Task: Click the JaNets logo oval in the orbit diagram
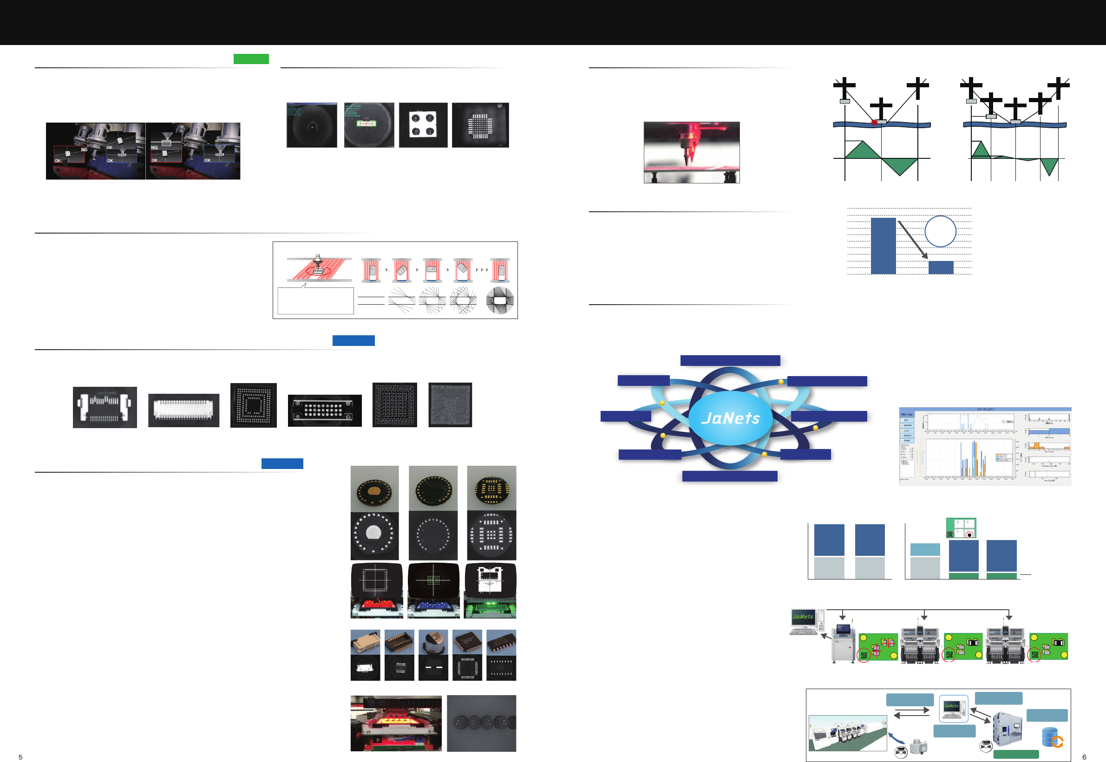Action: click(730, 418)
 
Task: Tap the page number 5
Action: click(20, 757)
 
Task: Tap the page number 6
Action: click(1084, 757)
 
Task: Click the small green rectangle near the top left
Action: click(251, 59)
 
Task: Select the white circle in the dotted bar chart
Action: click(940, 232)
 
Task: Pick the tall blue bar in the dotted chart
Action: click(883, 246)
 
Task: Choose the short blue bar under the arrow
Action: click(940, 267)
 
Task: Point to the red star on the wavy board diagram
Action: click(874, 123)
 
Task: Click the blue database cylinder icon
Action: click(1050, 737)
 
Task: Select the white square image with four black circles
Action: click(423, 125)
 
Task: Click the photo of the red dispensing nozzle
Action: click(691, 152)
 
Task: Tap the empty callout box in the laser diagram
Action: click(316, 301)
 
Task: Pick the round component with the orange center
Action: click(374, 490)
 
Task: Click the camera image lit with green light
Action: click(490, 591)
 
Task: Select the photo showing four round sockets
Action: click(481, 723)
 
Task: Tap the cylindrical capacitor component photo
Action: click(433, 642)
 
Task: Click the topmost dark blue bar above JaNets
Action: click(730, 360)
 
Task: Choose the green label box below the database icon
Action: click(1016, 755)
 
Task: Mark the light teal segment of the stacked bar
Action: click(925, 549)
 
